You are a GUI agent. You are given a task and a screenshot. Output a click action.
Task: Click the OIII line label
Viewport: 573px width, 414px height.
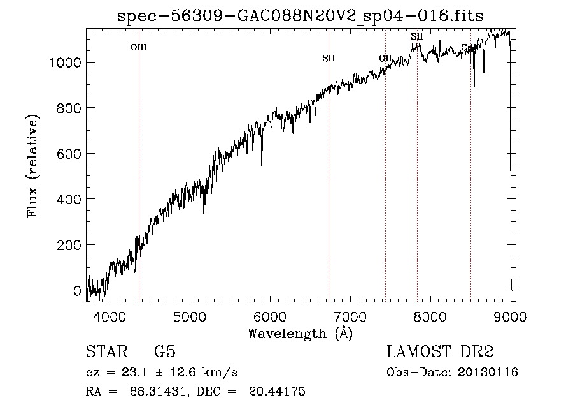[x=139, y=47]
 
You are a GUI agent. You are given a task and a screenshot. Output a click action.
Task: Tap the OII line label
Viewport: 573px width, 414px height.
[x=385, y=59]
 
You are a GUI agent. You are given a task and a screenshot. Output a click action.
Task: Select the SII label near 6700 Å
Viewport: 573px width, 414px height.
[x=329, y=59]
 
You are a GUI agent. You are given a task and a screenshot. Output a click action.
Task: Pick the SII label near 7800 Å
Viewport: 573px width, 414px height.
[x=417, y=36]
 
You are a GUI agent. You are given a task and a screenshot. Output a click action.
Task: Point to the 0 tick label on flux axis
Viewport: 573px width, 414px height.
[x=78, y=291]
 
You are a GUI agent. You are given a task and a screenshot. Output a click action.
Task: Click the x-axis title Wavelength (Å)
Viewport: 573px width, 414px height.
[x=300, y=333]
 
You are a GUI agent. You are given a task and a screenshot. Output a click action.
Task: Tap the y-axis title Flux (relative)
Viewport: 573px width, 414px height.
[x=32, y=166]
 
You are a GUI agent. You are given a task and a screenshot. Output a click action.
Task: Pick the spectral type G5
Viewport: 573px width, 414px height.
[x=165, y=352]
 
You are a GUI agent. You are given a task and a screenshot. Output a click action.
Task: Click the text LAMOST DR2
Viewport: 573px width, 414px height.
[x=440, y=352]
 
